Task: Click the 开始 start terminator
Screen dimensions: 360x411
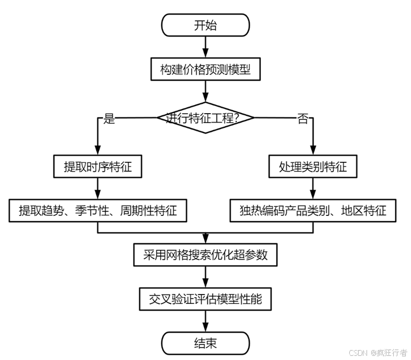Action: pyautogui.click(x=205, y=25)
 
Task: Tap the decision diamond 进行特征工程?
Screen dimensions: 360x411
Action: pyautogui.click(x=205, y=117)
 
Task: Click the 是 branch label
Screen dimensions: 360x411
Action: pyautogui.click(x=109, y=118)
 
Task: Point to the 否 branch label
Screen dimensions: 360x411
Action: pyautogui.click(x=303, y=118)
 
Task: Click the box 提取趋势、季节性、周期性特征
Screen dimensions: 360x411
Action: pyautogui.click(x=97, y=211)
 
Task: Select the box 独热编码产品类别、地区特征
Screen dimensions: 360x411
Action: pyautogui.click(x=313, y=211)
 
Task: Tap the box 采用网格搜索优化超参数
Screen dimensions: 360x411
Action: pyautogui.click(x=205, y=255)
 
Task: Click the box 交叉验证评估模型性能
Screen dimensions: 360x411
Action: pyautogui.click(x=205, y=299)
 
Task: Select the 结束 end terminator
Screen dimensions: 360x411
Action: pyautogui.click(x=205, y=343)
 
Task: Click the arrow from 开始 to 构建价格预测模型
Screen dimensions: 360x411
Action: pyautogui.click(x=205, y=47)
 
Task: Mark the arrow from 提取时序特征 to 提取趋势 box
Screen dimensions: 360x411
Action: pyautogui.click(x=97, y=188)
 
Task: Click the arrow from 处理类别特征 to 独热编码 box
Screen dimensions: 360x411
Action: pyautogui.click(x=313, y=188)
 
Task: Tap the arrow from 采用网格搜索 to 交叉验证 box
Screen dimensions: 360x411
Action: pyautogui.click(x=205, y=277)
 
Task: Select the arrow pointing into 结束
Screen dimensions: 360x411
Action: pyautogui.click(x=205, y=321)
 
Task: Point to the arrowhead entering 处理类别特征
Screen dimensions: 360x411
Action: pyautogui.click(x=313, y=150)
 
